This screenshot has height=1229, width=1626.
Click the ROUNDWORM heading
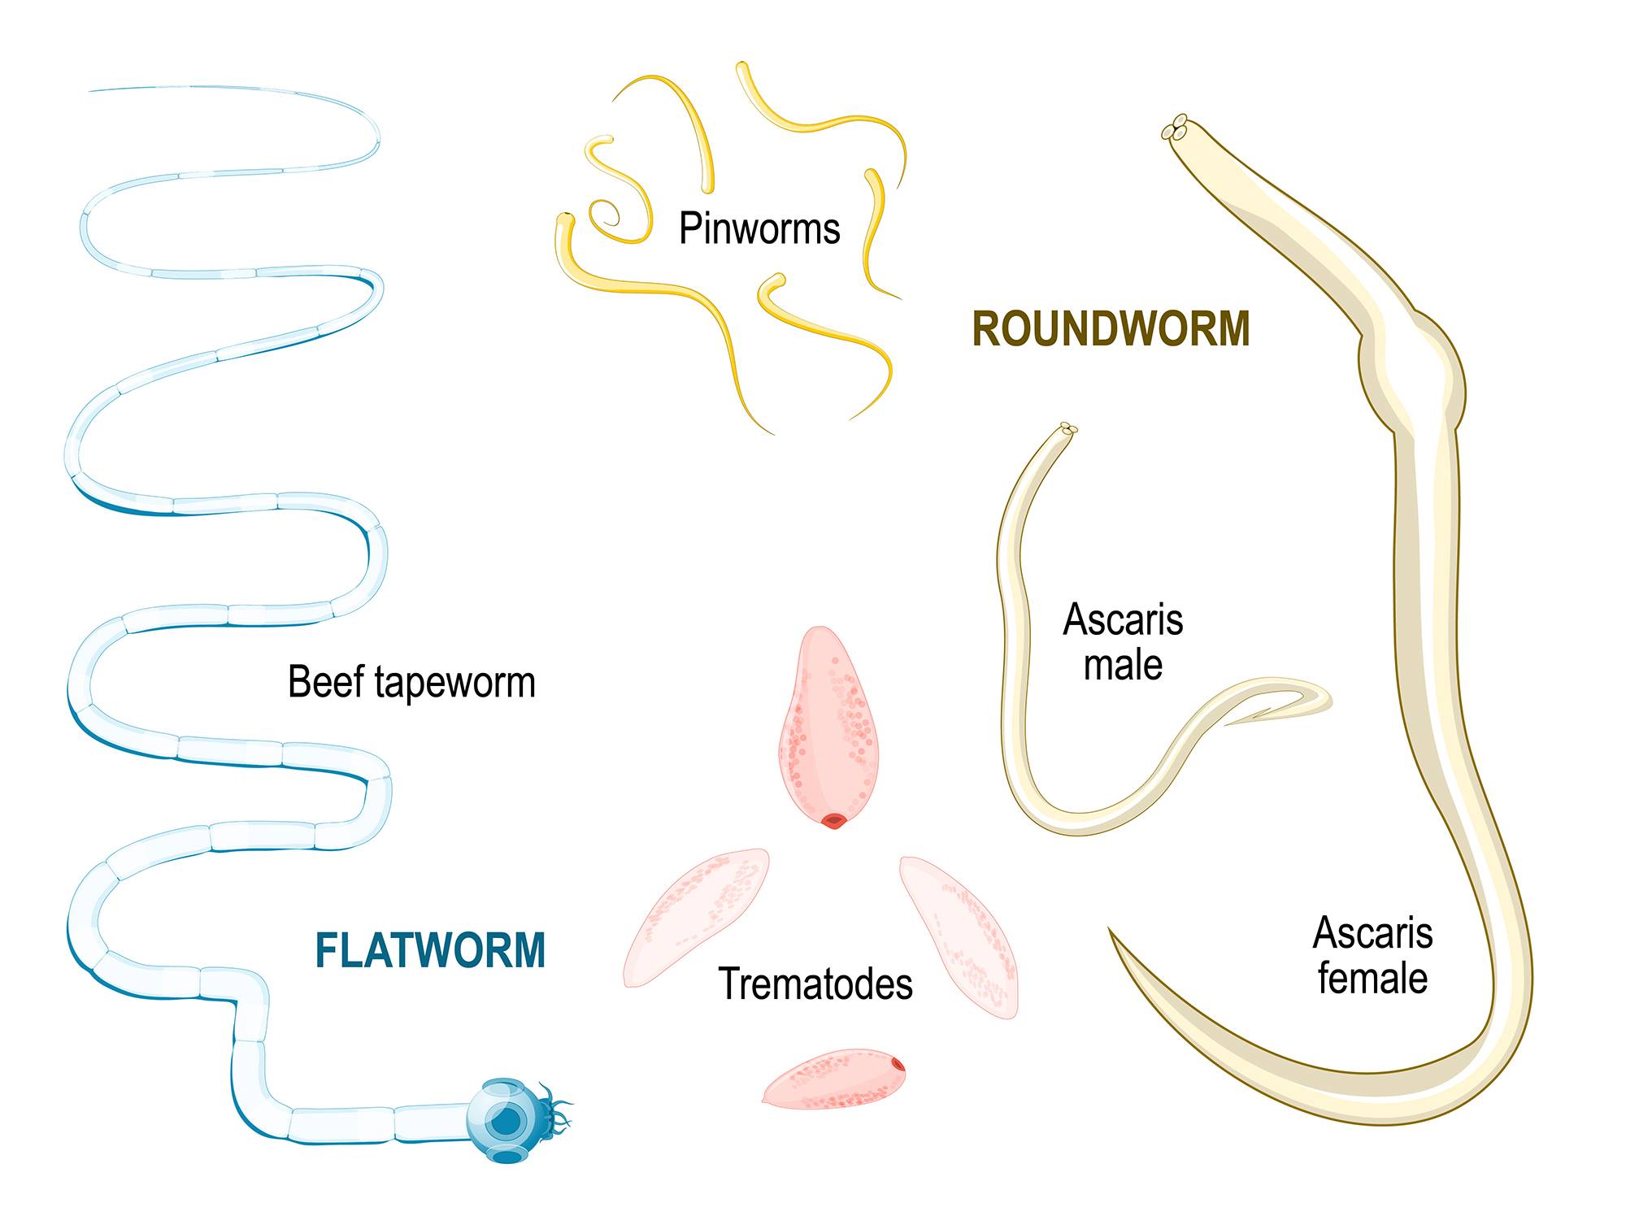1111,329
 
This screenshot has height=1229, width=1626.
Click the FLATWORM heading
430,950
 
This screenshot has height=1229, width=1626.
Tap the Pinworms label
759,228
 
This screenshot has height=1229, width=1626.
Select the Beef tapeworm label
411,682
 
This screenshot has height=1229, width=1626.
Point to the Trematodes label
815,984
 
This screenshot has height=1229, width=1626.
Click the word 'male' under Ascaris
1123,666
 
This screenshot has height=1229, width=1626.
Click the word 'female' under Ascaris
1372,978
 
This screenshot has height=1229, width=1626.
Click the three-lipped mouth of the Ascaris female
1175,129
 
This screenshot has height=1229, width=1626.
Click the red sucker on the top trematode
833,822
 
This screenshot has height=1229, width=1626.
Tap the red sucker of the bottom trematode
897,1063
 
